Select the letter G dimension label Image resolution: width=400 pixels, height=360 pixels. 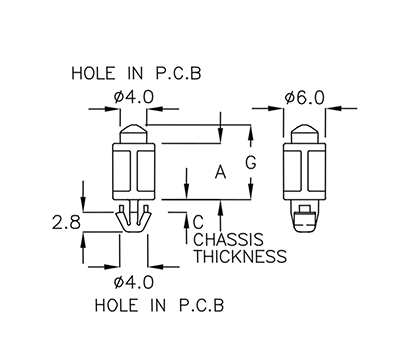tap(251, 163)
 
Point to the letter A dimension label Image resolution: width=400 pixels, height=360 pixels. tap(219, 173)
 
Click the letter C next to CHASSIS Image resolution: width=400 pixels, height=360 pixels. tap(197, 221)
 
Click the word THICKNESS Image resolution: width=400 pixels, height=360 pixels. tap(239, 256)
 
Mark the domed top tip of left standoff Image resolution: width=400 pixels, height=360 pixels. tap(133, 131)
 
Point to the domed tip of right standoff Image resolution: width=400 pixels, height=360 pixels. tap(309, 131)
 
